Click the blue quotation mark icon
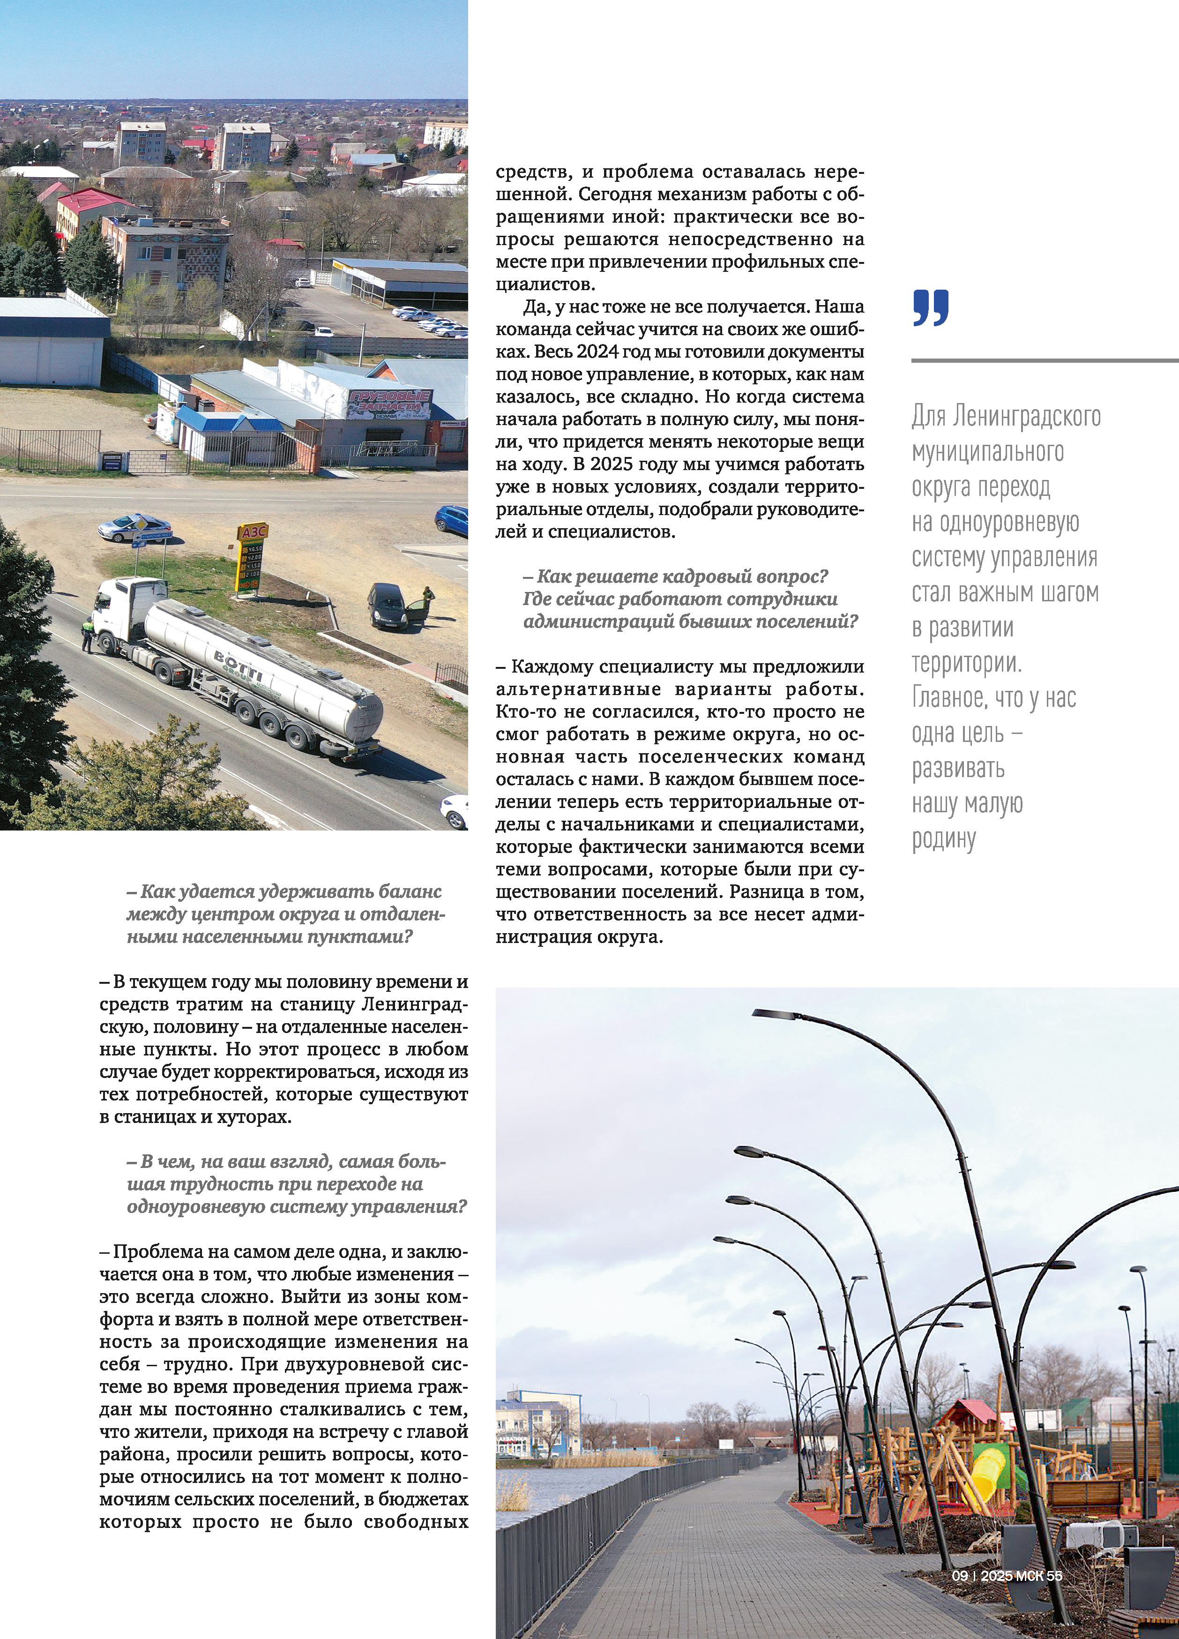931,308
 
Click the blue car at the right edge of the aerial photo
452,520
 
